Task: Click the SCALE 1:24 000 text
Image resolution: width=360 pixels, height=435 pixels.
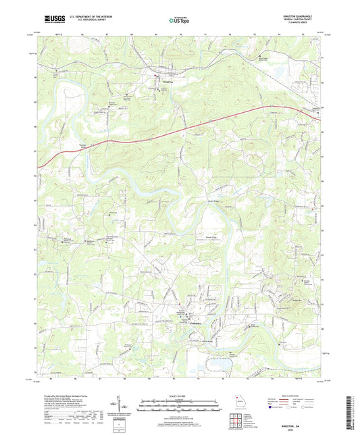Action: click(x=180, y=396)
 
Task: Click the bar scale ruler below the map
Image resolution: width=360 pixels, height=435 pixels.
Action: click(x=180, y=406)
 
